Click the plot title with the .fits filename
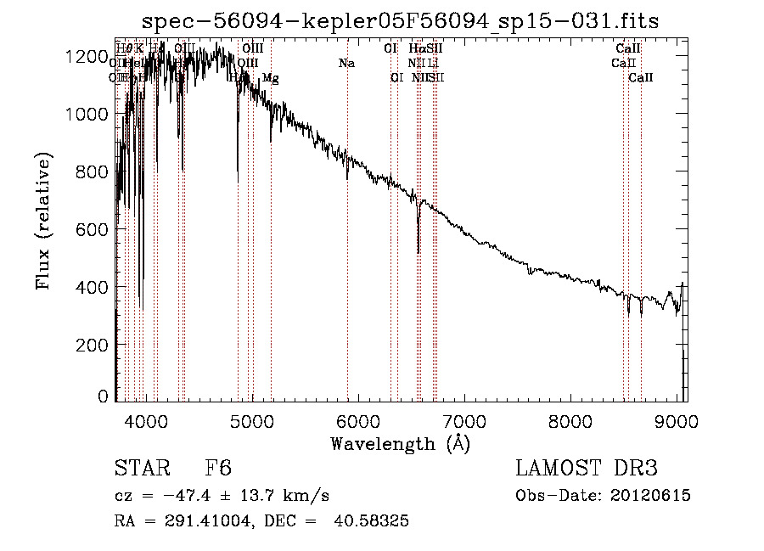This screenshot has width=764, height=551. (402, 20)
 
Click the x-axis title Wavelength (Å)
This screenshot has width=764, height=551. (400, 442)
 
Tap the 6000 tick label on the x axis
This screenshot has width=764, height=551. (358, 420)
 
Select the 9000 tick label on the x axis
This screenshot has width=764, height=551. (677, 420)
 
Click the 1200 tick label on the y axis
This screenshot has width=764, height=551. (86, 56)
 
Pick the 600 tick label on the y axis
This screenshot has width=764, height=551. (91, 229)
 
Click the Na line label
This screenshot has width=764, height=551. (346, 63)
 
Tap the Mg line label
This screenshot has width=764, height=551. (270, 78)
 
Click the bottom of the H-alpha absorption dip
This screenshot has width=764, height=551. (418, 251)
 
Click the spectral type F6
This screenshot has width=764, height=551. (219, 469)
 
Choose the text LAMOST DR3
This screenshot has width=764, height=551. (587, 469)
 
